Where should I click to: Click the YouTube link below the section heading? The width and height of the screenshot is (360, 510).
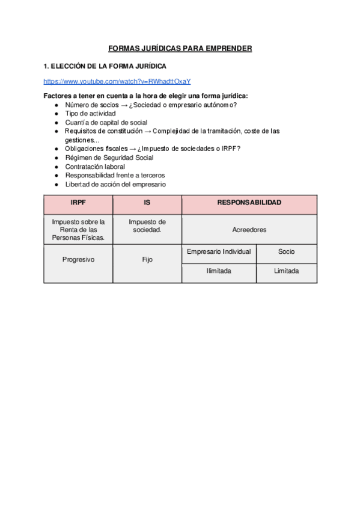click(x=117, y=81)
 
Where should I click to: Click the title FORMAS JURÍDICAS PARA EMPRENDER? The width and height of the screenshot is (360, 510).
click(x=180, y=48)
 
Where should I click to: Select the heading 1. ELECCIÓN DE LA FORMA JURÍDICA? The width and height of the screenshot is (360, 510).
click(x=105, y=66)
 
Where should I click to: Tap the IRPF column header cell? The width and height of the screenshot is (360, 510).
click(x=78, y=203)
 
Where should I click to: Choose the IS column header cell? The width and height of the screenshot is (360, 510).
click(x=147, y=203)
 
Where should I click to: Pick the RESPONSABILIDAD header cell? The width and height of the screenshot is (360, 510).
click(x=249, y=203)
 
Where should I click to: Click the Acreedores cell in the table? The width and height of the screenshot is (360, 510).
click(x=249, y=230)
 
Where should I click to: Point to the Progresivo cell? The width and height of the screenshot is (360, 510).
click(x=78, y=260)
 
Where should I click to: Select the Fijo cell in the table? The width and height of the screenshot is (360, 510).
click(x=147, y=260)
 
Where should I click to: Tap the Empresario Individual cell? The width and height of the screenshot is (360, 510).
click(x=219, y=251)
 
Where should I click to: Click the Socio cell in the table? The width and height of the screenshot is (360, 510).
click(x=286, y=251)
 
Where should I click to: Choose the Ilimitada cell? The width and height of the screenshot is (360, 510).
click(x=219, y=271)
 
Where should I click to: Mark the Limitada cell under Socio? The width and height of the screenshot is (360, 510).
click(x=286, y=271)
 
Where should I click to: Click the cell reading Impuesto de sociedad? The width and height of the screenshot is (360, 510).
click(x=147, y=226)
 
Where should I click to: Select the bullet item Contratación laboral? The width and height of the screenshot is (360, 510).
click(x=95, y=167)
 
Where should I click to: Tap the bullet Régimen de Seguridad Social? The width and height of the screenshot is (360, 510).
click(x=109, y=158)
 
